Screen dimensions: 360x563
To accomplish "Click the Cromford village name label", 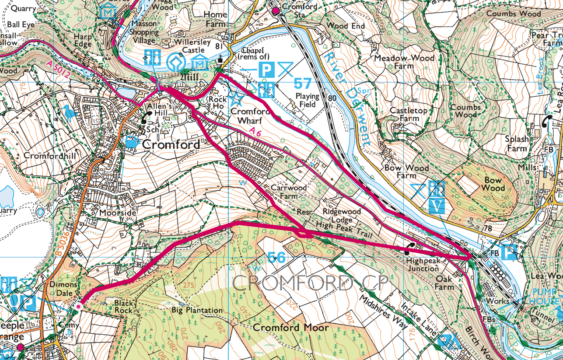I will point(171,144).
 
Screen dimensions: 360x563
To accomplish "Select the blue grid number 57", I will point(303,83).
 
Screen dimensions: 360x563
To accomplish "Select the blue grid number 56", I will point(277,257).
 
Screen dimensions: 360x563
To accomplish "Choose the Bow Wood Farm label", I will point(400,171).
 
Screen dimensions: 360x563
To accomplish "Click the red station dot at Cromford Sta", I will point(276,10).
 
